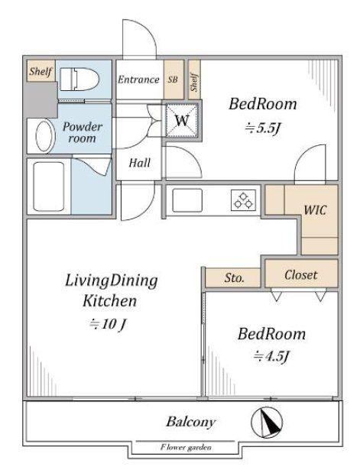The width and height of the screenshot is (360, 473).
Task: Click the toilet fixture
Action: (x=79, y=79)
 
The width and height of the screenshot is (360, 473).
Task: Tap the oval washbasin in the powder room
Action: (x=46, y=136)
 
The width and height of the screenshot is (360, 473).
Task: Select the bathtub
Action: (x=49, y=186)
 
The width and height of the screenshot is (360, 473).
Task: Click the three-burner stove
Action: (x=243, y=200)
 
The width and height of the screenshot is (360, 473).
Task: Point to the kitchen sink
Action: (x=187, y=200)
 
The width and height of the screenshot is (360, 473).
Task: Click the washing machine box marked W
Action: (x=182, y=120)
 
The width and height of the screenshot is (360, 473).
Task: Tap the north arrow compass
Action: (x=267, y=423)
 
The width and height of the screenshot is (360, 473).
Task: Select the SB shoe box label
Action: (x=173, y=79)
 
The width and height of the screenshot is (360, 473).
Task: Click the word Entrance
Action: (x=138, y=79)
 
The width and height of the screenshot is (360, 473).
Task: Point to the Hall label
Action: (x=139, y=164)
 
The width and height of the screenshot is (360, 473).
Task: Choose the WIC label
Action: (x=315, y=210)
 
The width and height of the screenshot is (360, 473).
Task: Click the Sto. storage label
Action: (x=234, y=278)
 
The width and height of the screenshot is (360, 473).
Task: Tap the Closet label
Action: (x=301, y=275)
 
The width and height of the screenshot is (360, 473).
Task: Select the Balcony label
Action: (x=191, y=422)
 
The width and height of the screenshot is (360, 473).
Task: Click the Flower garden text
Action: (x=186, y=447)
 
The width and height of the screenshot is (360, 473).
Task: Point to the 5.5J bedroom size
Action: (x=263, y=128)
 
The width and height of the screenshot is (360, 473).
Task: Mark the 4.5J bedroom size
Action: (x=271, y=356)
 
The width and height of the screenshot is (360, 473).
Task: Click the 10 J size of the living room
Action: (x=108, y=324)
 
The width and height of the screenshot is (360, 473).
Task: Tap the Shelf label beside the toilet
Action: (x=41, y=71)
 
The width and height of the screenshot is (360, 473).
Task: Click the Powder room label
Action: (x=82, y=132)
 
